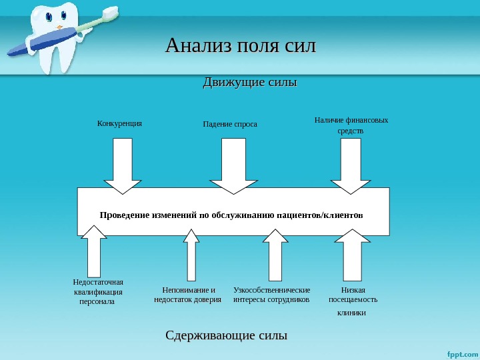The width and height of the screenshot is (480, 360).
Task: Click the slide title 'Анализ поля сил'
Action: point(240,47)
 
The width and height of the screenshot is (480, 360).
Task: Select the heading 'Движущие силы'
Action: point(249,83)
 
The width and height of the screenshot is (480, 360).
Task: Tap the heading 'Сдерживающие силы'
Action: point(226,335)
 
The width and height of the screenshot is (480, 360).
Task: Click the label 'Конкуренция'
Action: point(120,123)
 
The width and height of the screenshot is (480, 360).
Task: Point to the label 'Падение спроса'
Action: point(230,124)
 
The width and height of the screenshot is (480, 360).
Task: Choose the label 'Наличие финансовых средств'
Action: point(351,125)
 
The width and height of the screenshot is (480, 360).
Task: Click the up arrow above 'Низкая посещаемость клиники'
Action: point(351,254)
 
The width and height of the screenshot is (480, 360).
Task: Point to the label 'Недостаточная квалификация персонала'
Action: point(98,291)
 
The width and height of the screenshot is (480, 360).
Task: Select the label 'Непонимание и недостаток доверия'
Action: point(188,295)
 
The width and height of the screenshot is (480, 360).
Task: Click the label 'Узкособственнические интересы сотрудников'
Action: point(272,295)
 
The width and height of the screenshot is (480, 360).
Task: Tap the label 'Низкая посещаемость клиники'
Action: point(353,300)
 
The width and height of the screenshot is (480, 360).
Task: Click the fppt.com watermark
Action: point(461,353)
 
